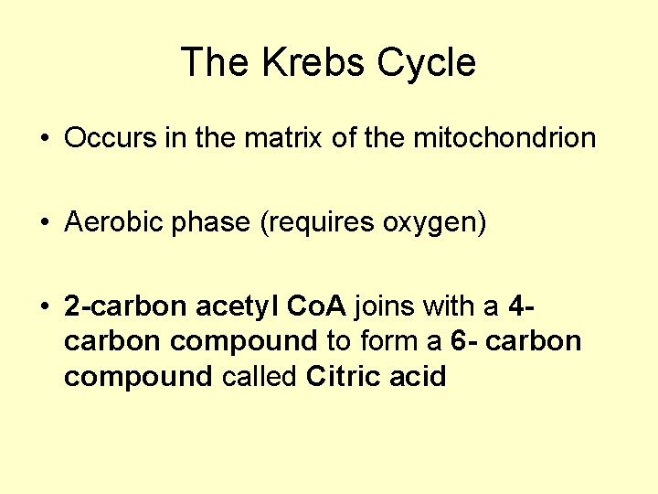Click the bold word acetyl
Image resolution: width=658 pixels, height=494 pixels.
(233, 306)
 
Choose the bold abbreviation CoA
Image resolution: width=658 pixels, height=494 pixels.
(315, 306)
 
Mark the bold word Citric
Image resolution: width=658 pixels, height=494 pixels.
(342, 376)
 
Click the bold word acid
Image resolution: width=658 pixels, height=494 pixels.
(415, 376)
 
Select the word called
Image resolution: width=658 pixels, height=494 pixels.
(260, 376)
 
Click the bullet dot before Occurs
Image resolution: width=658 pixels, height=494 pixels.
(44, 140)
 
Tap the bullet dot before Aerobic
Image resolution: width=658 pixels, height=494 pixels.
(44, 223)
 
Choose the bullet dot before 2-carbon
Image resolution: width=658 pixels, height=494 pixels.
(44, 306)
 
